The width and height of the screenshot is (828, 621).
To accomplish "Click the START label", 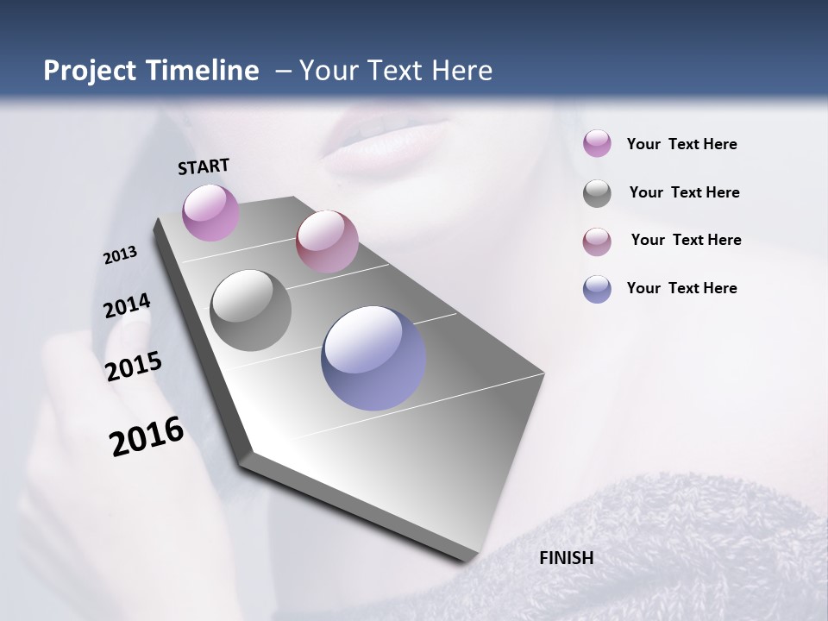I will click(x=204, y=166).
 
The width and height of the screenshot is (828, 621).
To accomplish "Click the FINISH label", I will click(x=566, y=558).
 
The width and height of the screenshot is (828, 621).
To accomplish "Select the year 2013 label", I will click(x=120, y=255).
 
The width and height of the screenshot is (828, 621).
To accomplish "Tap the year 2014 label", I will click(x=127, y=305).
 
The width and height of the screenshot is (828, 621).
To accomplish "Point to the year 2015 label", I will click(x=133, y=367).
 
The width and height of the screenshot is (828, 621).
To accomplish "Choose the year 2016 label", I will click(x=147, y=436).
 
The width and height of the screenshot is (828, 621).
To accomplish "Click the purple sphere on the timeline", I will click(x=210, y=212).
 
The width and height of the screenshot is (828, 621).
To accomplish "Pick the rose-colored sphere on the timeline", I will click(x=327, y=241).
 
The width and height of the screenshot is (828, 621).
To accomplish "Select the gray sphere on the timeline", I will click(x=250, y=310).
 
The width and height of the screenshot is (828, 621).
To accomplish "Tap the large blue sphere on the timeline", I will click(x=373, y=358).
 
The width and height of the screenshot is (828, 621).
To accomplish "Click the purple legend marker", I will click(x=597, y=144).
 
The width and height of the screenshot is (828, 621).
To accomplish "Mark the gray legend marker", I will click(x=597, y=193).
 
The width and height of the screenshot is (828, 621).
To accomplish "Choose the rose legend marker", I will click(x=597, y=241).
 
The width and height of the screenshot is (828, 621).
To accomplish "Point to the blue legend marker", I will click(x=597, y=290).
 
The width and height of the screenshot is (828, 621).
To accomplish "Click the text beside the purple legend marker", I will click(x=681, y=145).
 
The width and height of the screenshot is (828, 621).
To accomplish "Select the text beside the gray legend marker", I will click(x=684, y=192).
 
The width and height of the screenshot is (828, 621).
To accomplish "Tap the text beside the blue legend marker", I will click(x=681, y=288).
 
